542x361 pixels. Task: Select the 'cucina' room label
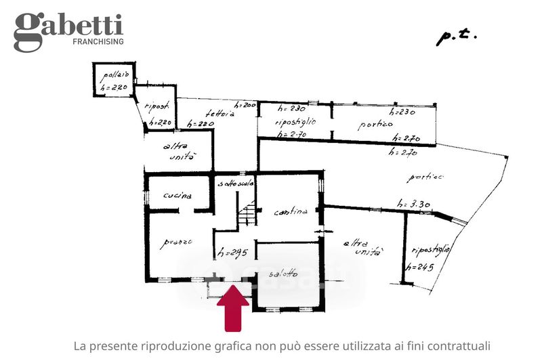coord(178,196)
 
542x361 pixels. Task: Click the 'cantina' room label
coord(291,212)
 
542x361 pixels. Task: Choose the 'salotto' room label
coord(283,274)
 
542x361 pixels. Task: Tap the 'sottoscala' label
coord(235,184)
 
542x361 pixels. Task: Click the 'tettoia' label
coord(221,115)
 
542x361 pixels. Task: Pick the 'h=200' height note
coord(244,106)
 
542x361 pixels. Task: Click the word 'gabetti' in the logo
coord(68,26)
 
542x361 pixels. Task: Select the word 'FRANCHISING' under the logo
coord(98,42)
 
